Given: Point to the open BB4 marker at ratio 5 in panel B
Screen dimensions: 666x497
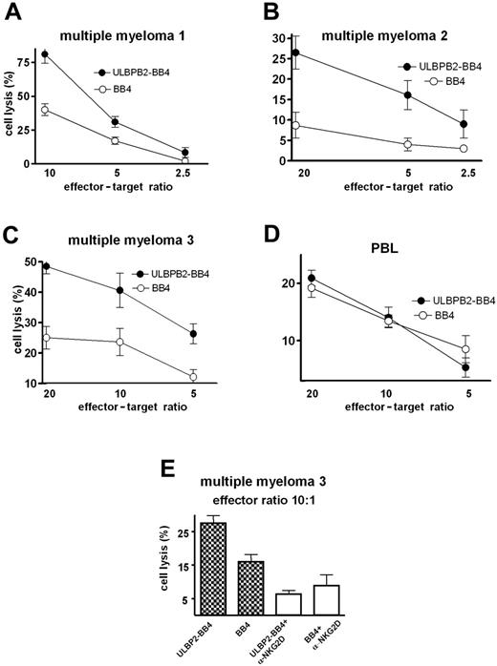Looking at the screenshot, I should click(x=408, y=145).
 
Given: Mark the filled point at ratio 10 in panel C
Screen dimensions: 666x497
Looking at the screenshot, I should click(x=146, y=290).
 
